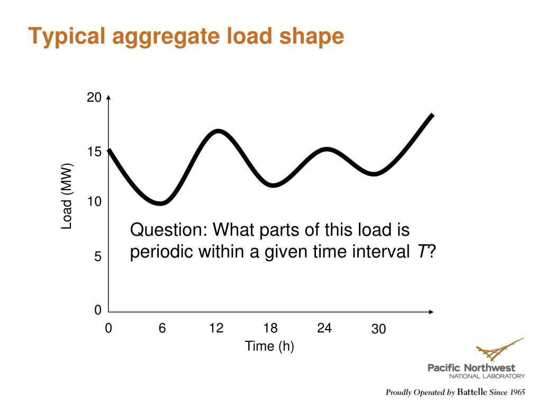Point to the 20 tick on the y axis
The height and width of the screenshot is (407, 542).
(x=94, y=98)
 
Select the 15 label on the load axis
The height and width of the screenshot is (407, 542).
(x=94, y=153)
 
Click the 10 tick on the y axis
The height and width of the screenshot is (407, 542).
(x=94, y=202)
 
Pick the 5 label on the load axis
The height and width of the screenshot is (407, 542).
(x=97, y=257)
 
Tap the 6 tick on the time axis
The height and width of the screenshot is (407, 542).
(x=162, y=329)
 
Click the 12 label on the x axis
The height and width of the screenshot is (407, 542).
(x=216, y=329)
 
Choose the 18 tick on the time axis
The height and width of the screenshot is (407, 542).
(x=270, y=329)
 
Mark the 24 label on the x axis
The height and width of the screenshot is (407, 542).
(x=324, y=329)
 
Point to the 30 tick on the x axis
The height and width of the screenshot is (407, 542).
(x=378, y=330)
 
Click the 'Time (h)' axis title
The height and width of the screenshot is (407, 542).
(x=269, y=347)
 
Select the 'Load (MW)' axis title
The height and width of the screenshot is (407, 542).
(x=67, y=197)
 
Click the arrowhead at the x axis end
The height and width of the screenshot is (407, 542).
(x=431, y=312)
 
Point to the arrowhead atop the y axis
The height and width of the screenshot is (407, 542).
(x=109, y=98)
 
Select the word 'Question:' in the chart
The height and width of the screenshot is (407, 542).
(x=169, y=231)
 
